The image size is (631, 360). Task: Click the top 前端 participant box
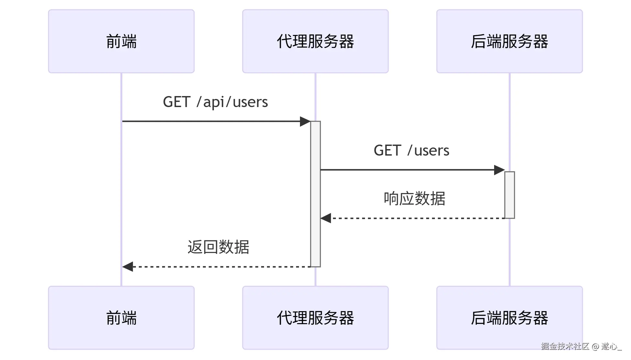pyautogui.click(x=121, y=41)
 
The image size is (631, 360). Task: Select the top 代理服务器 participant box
pyautogui.click(x=315, y=41)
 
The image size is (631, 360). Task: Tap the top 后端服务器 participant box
pyautogui.click(x=510, y=41)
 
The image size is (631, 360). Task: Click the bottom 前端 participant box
pyautogui.click(x=121, y=318)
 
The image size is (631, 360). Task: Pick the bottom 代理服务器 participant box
pyautogui.click(x=315, y=318)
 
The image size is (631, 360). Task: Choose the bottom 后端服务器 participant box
pyautogui.click(x=510, y=318)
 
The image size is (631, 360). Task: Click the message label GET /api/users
pyautogui.click(x=215, y=102)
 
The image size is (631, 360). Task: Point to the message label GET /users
pyautogui.click(x=411, y=150)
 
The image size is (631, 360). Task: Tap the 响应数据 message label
pyautogui.click(x=415, y=199)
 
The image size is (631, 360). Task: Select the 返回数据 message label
pyautogui.click(x=218, y=247)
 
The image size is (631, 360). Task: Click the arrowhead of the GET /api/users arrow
pyautogui.click(x=305, y=121)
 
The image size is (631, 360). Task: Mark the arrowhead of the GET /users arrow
pyautogui.click(x=499, y=170)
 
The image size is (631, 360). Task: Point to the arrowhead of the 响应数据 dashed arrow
pyautogui.click(x=326, y=218)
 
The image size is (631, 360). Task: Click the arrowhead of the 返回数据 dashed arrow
pyautogui.click(x=128, y=267)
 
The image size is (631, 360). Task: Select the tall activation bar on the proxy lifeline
pyautogui.click(x=315, y=194)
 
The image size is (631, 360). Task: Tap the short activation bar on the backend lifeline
pyautogui.click(x=510, y=195)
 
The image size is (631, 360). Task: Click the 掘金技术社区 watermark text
pyautogui.click(x=565, y=346)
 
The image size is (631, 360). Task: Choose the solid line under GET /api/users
pyautogui.click(x=210, y=121)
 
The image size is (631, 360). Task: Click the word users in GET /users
pyautogui.click(x=432, y=151)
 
